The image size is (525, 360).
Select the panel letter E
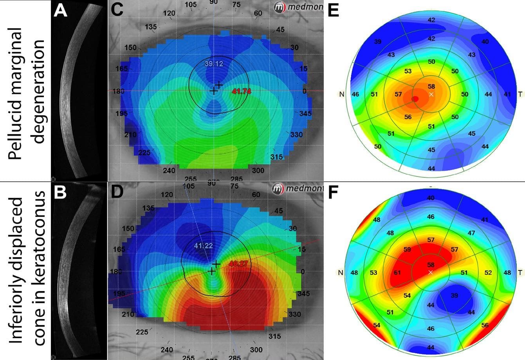(x=334, y=11)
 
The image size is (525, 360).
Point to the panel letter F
(x=334, y=193)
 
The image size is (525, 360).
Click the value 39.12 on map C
(x=214, y=64)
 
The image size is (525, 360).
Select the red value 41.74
(x=242, y=91)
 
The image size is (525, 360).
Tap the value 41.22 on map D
(x=204, y=245)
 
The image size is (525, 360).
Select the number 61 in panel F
(x=398, y=273)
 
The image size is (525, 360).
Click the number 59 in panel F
(x=407, y=249)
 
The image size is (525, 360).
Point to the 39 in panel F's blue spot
(x=454, y=296)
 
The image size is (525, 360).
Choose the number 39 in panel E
(x=378, y=41)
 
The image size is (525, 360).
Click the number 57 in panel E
(x=399, y=94)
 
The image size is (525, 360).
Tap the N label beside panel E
(x=342, y=94)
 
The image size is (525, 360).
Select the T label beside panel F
(x=520, y=273)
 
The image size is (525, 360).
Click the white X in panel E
(x=431, y=95)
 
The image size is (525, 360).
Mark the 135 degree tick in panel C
(x=151, y=27)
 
